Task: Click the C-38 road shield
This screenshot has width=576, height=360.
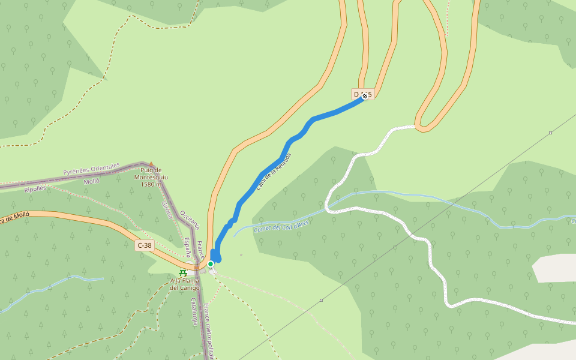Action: pos(144,245)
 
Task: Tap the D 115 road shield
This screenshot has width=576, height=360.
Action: pos(362,94)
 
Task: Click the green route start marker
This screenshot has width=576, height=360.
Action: pos(211,263)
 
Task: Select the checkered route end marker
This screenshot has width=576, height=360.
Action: pos(365,95)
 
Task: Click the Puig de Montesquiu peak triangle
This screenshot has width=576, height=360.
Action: pos(151,163)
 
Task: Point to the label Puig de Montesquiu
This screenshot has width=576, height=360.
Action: pos(148,173)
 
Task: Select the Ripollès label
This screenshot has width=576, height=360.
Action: pos(35,188)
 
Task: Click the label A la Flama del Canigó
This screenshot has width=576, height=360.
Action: pos(185,284)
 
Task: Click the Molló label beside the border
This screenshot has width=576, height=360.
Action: pos(91,181)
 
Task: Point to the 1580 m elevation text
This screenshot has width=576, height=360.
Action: pos(150,184)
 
